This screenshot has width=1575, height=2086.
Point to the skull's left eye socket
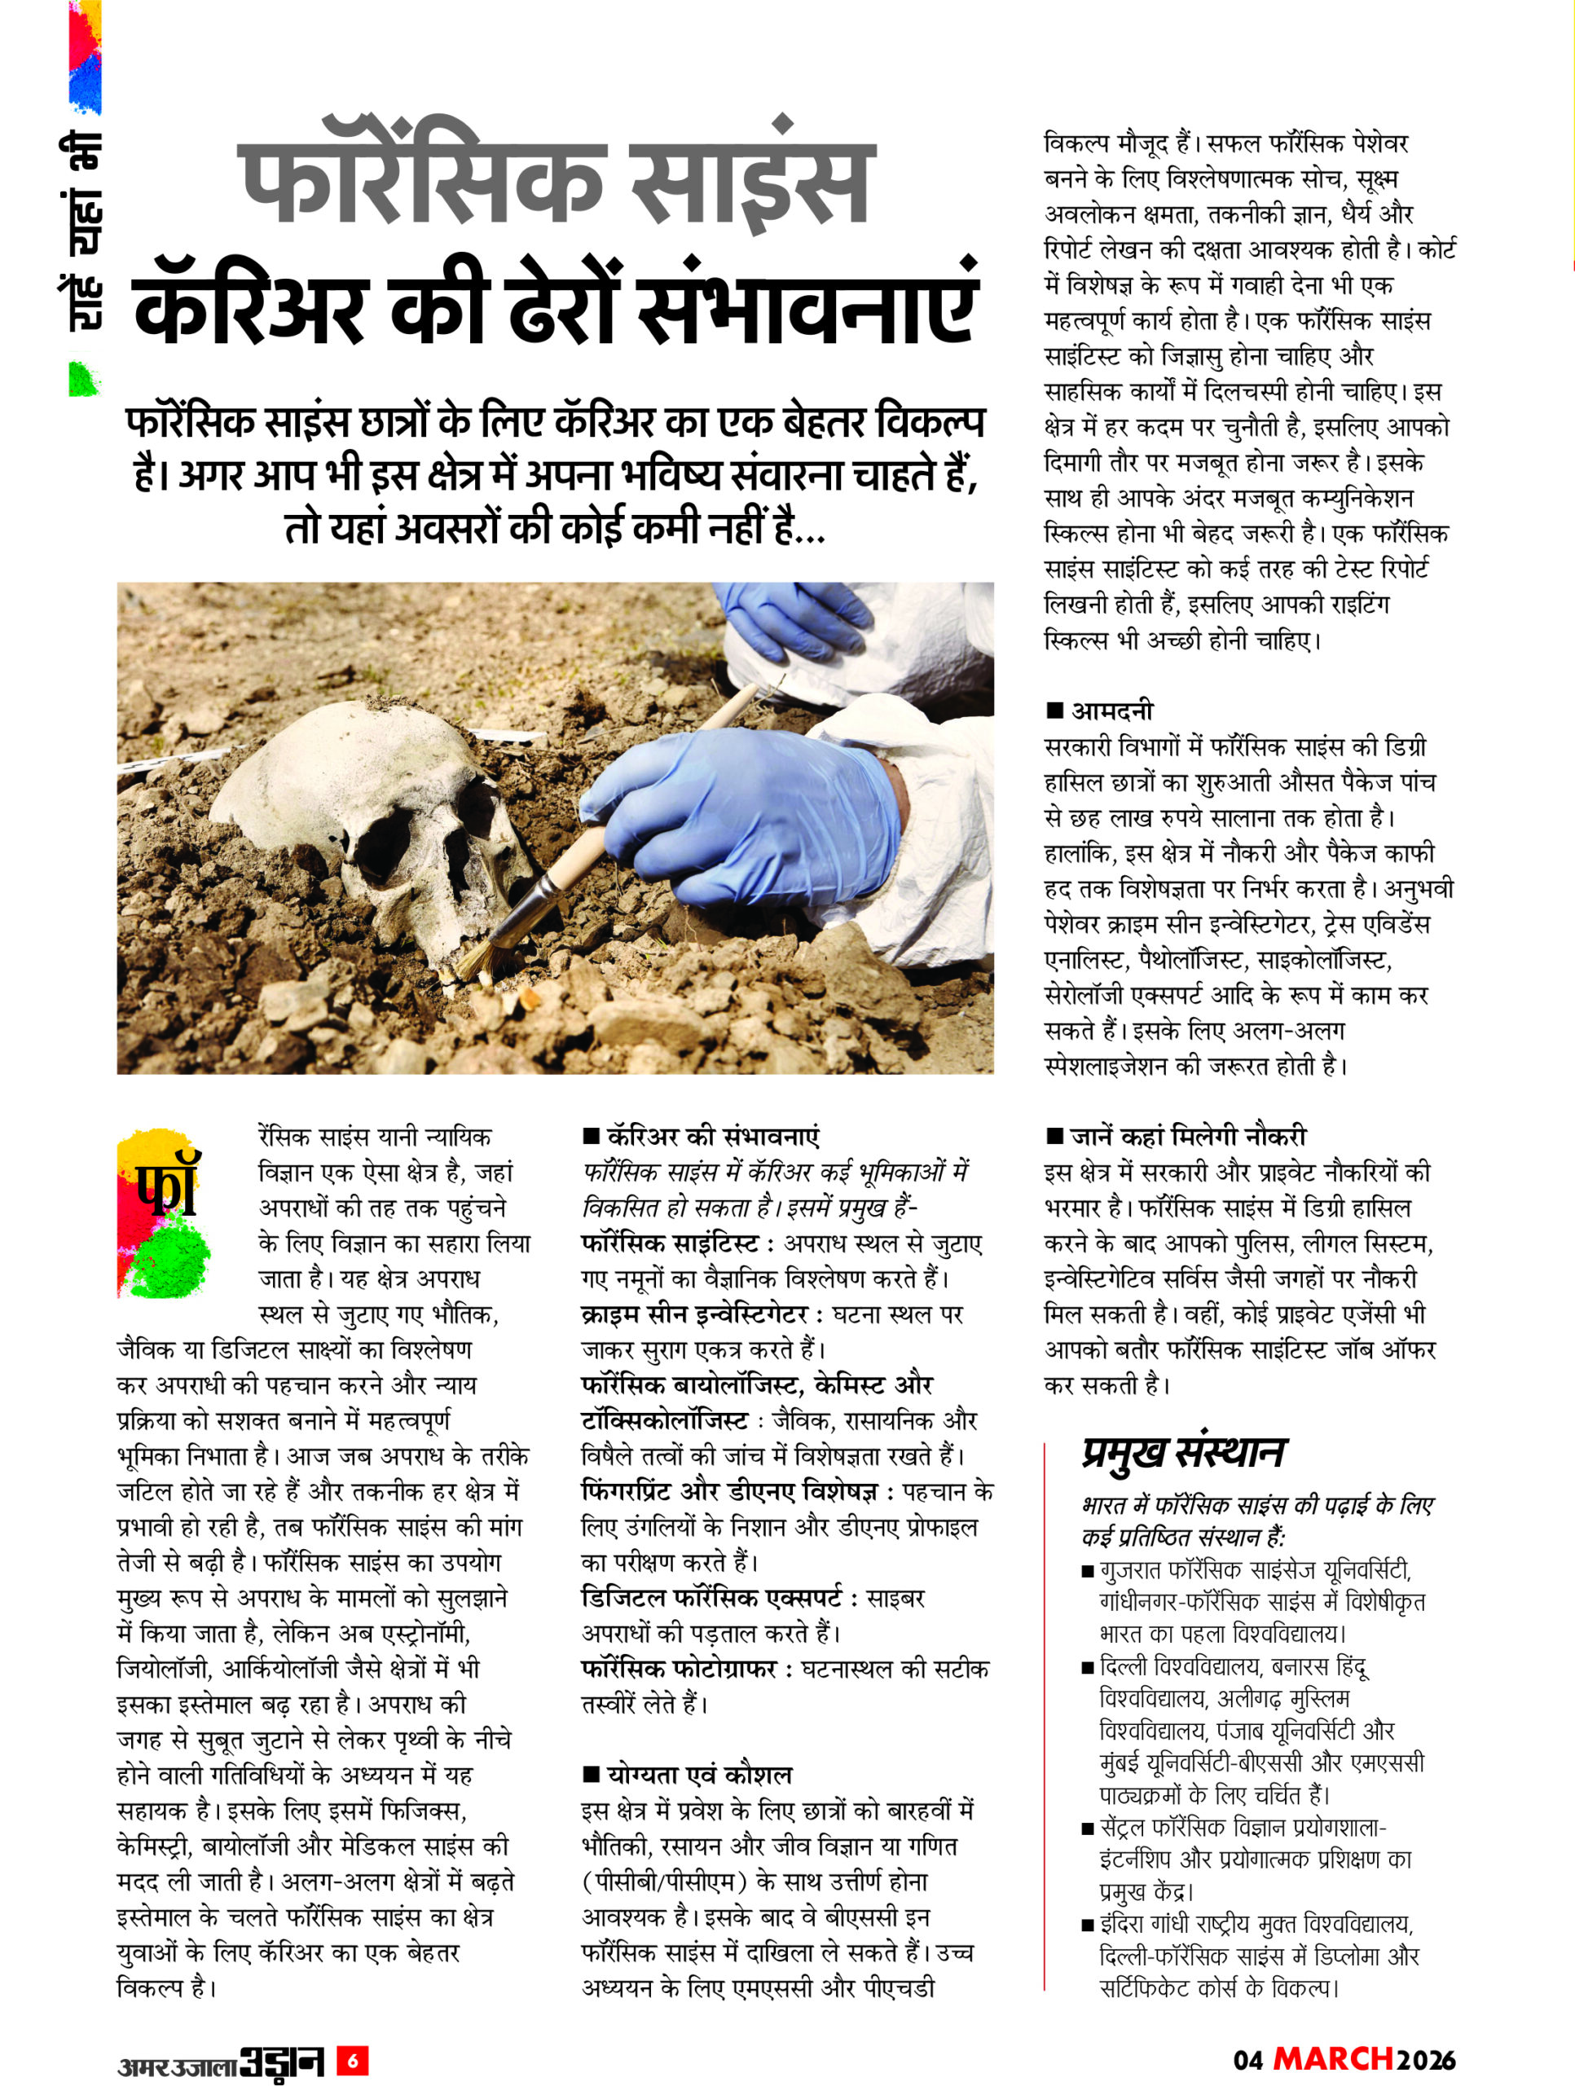(x=384, y=835)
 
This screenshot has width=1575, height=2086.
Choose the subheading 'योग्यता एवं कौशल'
(x=699, y=1775)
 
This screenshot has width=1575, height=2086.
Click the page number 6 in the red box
(x=353, y=2062)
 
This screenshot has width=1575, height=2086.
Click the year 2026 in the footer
(x=1427, y=2061)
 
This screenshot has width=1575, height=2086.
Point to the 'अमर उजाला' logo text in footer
(x=176, y=2062)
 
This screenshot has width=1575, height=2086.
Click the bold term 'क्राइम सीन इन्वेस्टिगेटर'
(x=694, y=1314)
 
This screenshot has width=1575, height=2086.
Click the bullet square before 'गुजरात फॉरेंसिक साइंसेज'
(x=1088, y=1572)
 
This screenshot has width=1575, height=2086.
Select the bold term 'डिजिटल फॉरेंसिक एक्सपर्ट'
(x=712, y=1598)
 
